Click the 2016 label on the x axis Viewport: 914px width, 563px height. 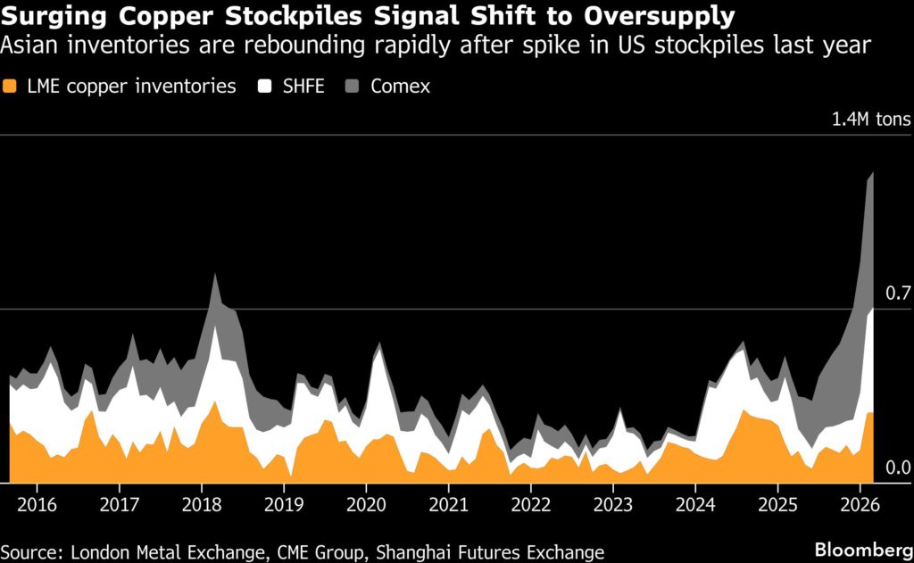(37, 503)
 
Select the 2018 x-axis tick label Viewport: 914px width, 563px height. (202, 503)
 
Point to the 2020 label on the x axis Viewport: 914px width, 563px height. (366, 503)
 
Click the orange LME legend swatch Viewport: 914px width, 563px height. (11, 87)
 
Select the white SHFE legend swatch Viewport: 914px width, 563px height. (264, 87)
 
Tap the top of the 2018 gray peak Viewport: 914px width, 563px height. (215, 275)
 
